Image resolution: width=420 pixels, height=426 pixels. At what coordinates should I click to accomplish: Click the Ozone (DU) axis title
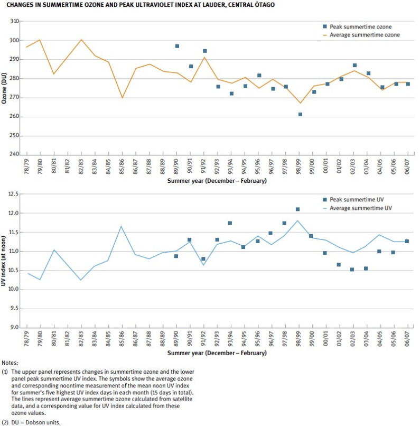(4, 87)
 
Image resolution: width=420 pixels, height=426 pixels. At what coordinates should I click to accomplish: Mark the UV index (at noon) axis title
(4, 261)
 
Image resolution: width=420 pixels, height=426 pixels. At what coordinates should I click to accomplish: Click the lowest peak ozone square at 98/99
(300, 114)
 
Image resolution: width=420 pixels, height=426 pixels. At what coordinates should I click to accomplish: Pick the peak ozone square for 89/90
(177, 46)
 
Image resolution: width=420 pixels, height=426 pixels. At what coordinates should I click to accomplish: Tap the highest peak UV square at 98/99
(297, 209)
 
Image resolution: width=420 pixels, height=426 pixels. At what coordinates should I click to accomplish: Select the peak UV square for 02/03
(352, 270)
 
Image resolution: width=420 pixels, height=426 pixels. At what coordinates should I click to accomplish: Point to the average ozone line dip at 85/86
(122, 98)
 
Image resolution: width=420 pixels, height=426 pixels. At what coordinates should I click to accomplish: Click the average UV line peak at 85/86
(122, 226)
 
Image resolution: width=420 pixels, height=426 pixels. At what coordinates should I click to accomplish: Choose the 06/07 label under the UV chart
(407, 339)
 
